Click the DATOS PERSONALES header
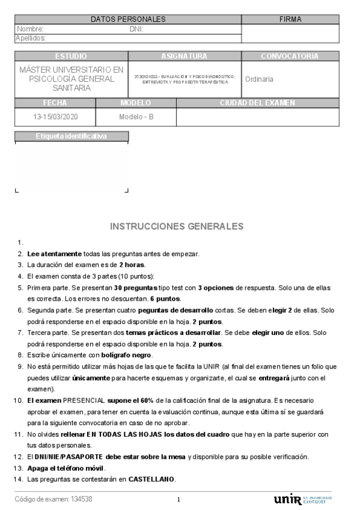[127, 19]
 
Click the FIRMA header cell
[290, 19]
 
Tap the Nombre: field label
[30, 29]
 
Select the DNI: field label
[136, 29]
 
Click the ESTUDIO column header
[71, 56]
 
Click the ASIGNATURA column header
[185, 56]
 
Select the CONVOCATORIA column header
[290, 56]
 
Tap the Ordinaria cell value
[259, 79]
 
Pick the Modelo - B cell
[136, 117]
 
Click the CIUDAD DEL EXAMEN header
[257, 103]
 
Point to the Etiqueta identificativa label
[71, 136]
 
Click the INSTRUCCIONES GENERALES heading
[177, 226]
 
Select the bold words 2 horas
[132, 265]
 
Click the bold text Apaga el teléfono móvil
[66, 468]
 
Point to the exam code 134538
[82, 499]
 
